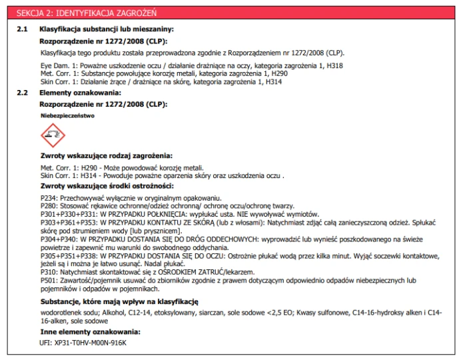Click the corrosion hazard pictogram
click(53, 135)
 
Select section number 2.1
click(22, 29)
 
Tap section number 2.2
click(22, 93)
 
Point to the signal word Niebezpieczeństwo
click(67, 115)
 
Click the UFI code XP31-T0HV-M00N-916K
click(92, 343)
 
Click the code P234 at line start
click(49, 199)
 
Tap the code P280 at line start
click(49, 206)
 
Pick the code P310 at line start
click(49, 273)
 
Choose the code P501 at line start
click(49, 281)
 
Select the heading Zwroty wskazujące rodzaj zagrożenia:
click(107, 155)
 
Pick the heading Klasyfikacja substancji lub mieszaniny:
click(106, 29)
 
